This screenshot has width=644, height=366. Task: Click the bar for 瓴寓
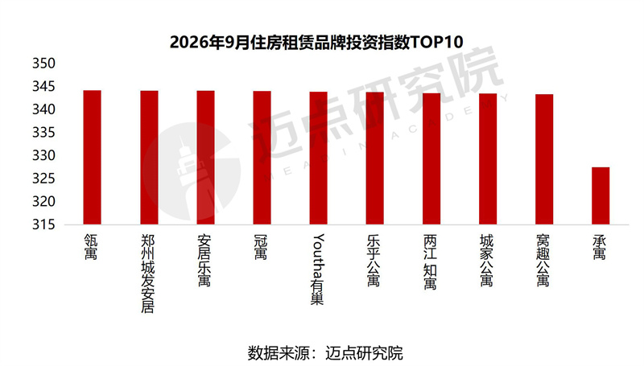click(x=92, y=157)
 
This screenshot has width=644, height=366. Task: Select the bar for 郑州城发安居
click(x=149, y=158)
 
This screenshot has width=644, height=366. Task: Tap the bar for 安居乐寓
click(x=205, y=158)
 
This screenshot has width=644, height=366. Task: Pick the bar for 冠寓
click(x=262, y=158)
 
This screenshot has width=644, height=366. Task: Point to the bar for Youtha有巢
click(x=318, y=158)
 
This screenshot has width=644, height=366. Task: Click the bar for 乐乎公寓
click(x=375, y=158)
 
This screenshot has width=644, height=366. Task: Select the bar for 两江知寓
click(x=431, y=158)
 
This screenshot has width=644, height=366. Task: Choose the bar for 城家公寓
click(x=488, y=158)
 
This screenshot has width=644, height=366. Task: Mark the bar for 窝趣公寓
click(x=544, y=159)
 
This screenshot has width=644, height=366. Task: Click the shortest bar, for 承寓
click(x=601, y=195)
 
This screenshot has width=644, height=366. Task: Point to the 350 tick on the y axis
click(x=43, y=64)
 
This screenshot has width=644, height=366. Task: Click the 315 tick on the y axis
click(x=43, y=224)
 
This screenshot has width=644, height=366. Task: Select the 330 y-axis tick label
click(x=43, y=155)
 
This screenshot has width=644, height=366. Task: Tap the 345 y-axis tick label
click(x=43, y=86)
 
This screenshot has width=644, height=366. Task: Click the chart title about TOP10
click(x=316, y=42)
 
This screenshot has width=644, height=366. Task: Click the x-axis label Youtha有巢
click(x=318, y=269)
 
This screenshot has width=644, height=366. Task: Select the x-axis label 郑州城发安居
click(x=148, y=273)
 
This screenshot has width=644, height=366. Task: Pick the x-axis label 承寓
click(x=599, y=247)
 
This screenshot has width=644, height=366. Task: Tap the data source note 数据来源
click(x=325, y=353)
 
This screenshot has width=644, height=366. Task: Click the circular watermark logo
click(x=191, y=171)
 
